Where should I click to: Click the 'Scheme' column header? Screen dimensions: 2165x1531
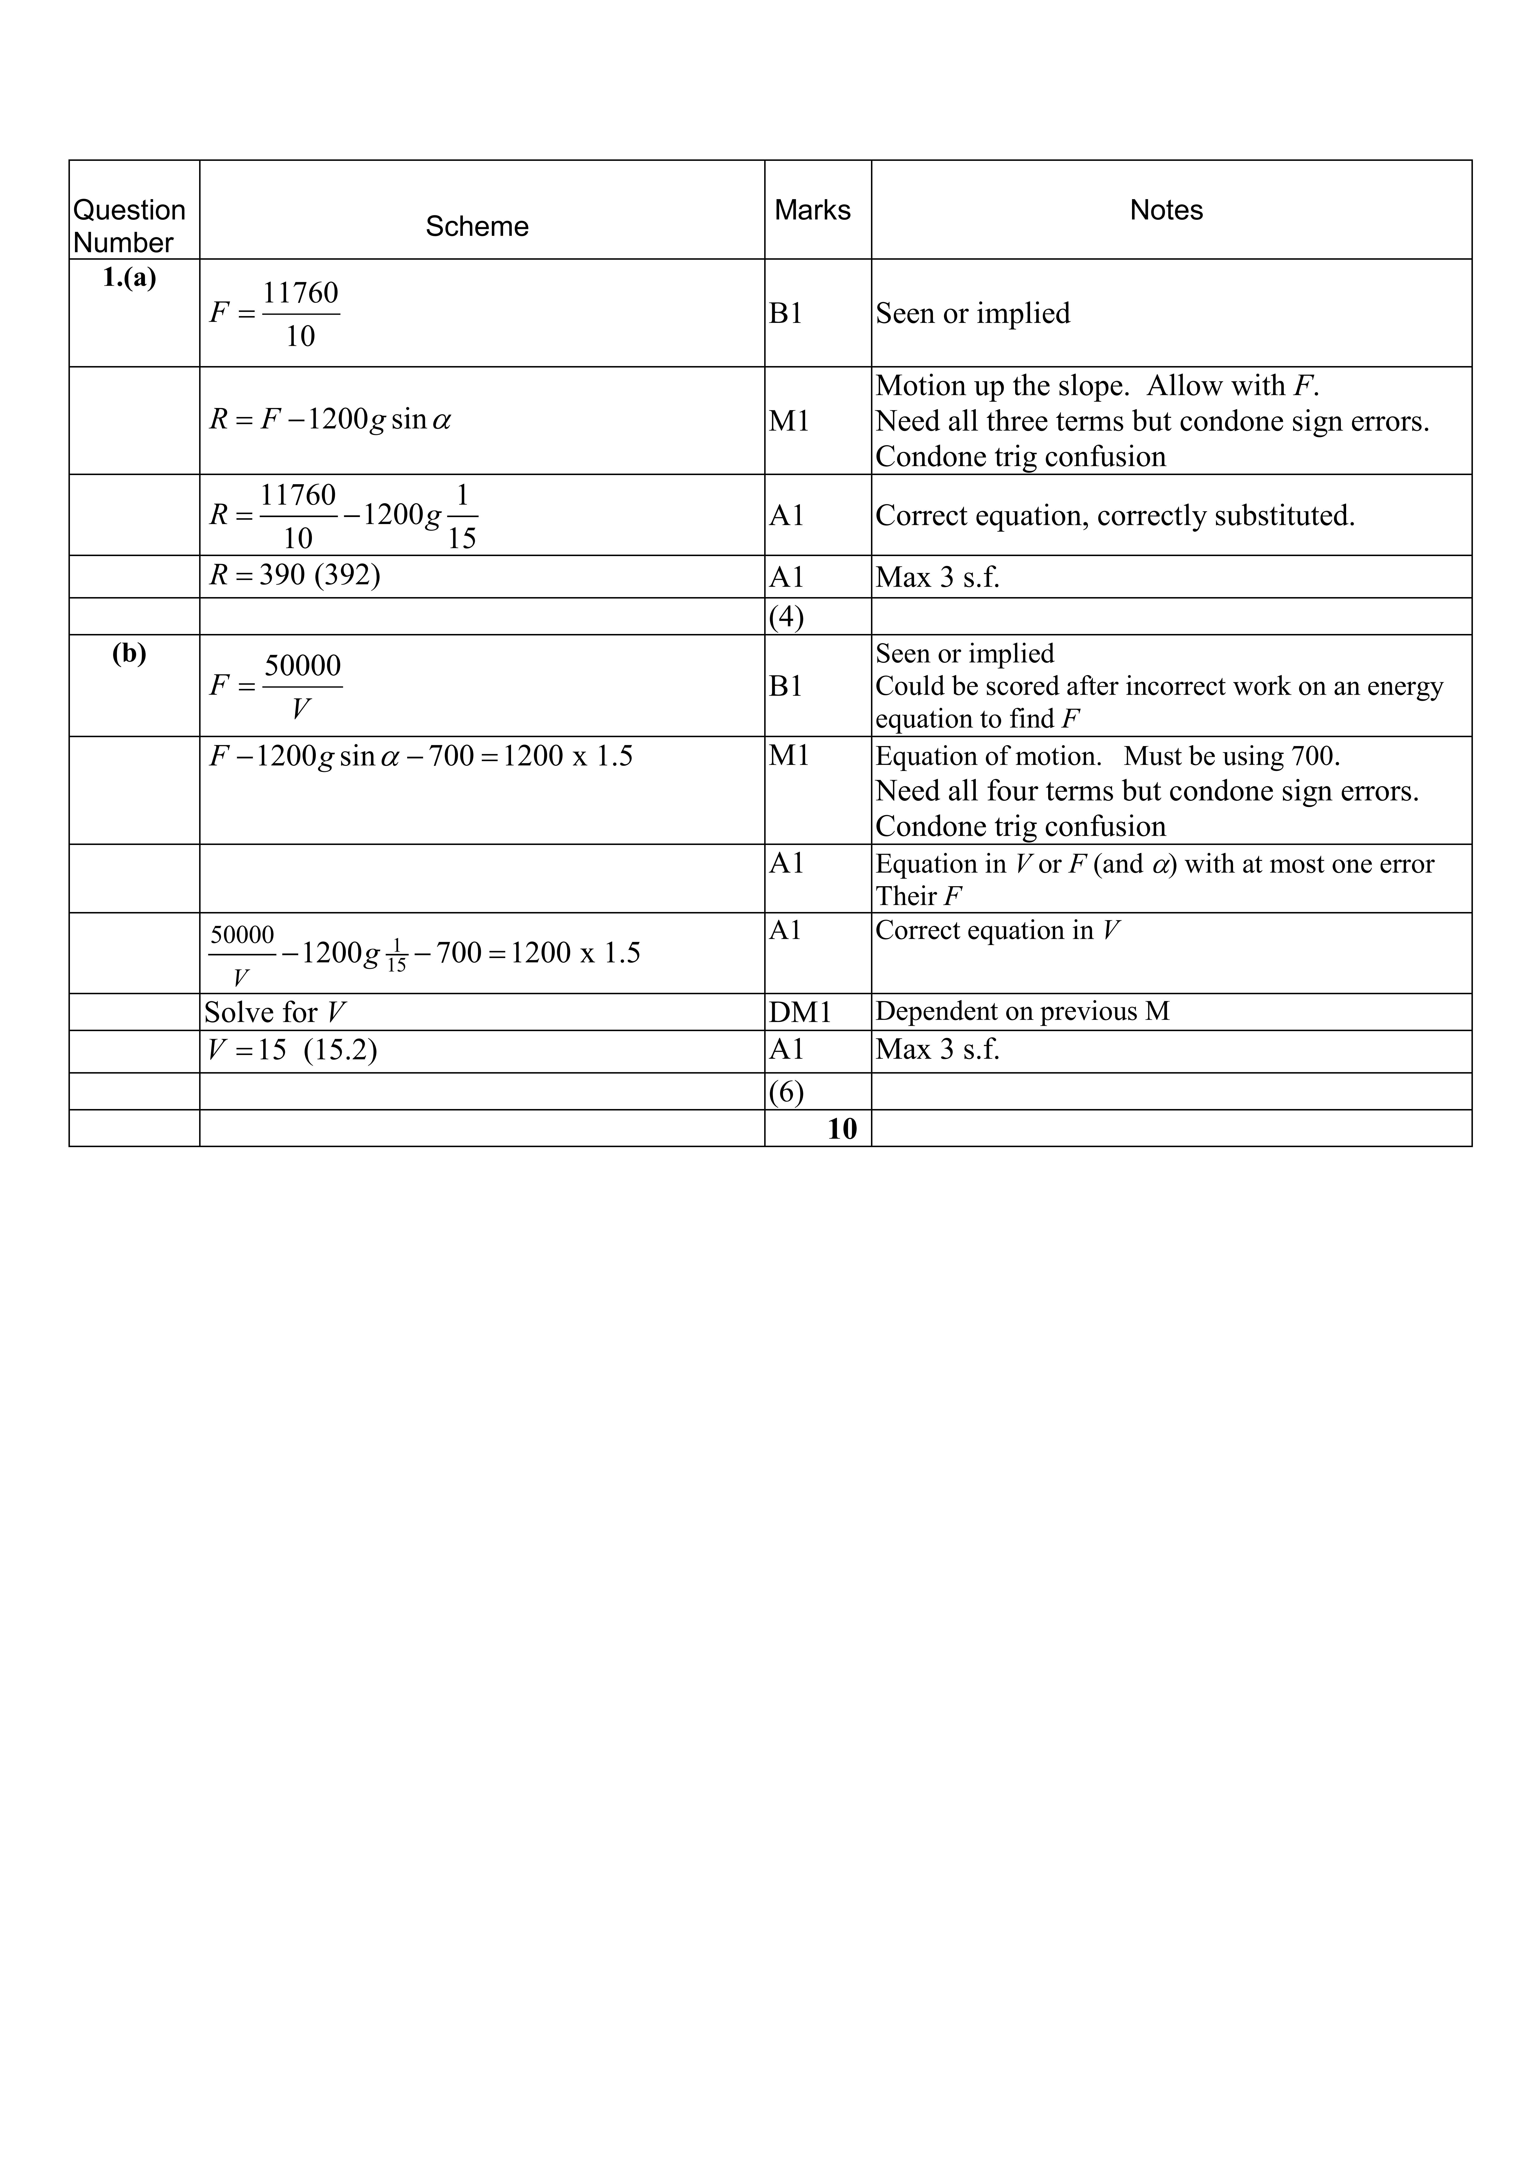[477, 226]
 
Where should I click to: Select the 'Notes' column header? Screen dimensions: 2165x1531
[1166, 210]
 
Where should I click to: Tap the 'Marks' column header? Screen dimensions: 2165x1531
[813, 210]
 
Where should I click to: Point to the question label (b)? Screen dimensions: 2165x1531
[129, 654]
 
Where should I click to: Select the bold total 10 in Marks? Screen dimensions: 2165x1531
[842, 1129]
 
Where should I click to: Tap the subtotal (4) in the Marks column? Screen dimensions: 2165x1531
[786, 618]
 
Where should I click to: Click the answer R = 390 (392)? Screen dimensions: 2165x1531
[294, 575]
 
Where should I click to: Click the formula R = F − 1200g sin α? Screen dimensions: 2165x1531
[330, 420]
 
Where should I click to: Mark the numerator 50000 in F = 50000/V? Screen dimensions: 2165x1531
[303, 666]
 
